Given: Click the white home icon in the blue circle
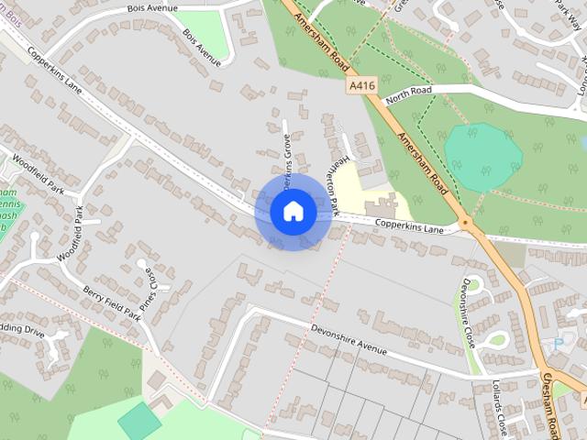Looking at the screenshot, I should (x=293, y=211).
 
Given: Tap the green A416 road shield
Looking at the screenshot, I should (x=362, y=84).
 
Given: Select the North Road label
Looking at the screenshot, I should (x=408, y=93).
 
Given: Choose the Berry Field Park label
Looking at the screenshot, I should (x=111, y=302).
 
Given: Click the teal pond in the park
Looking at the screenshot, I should (x=482, y=157).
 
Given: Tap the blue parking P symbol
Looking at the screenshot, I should (x=559, y=346).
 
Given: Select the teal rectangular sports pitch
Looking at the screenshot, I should (x=138, y=420).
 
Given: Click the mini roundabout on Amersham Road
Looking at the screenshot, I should (x=466, y=223).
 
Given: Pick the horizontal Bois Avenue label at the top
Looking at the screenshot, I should (x=151, y=8).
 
